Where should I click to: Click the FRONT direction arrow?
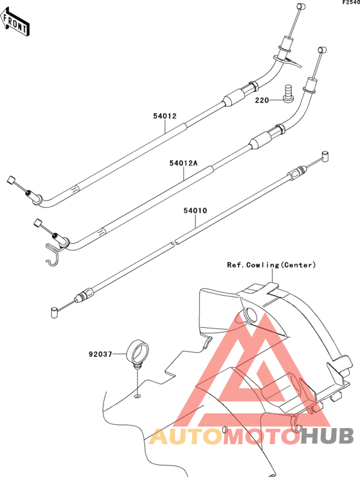coord(15,22)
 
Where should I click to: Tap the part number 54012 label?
coord(165,116)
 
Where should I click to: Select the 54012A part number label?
coord(183,163)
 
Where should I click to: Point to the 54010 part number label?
coord(195,210)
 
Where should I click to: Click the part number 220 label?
coord(262,100)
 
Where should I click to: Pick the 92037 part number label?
coord(101,354)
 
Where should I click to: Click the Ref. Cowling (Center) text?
coord(271,265)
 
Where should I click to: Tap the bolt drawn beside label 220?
coord(287,94)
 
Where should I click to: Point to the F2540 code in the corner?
coord(351,3)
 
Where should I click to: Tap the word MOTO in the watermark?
coord(262,436)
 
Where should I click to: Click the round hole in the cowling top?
coord(251,314)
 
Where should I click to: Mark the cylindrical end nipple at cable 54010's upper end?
coord(325,156)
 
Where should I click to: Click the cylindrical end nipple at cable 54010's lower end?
coord(54,312)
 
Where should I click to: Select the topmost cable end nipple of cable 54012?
coord(301,6)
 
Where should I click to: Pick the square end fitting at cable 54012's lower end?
coord(11,180)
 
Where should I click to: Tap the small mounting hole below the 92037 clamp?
coord(138,396)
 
